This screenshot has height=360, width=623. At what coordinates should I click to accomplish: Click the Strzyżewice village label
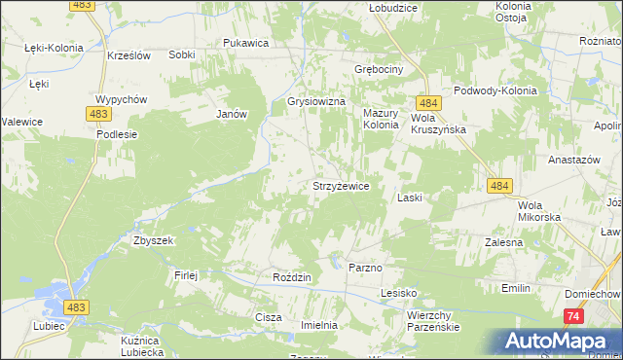339,186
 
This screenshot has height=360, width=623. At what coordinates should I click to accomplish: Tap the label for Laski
409,198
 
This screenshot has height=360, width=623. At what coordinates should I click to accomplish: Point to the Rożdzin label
291,277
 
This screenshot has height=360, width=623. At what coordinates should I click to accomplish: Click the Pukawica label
245,43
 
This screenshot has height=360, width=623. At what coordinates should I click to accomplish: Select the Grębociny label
379,71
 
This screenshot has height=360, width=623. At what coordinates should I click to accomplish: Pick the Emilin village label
515,288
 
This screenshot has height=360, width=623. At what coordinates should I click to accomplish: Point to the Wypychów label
121,100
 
